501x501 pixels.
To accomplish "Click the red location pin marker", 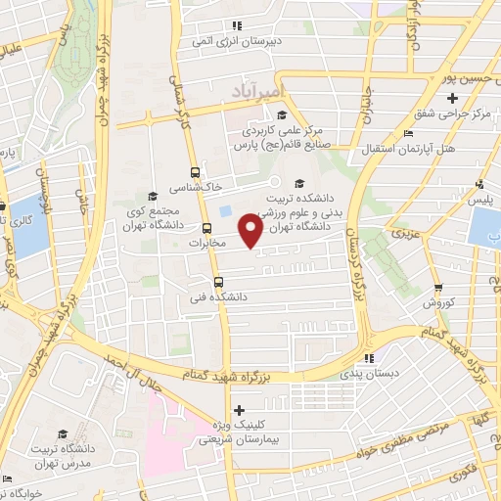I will pyautogui.click(x=250, y=231).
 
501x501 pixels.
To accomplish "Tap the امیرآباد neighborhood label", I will pyautogui.click(x=255, y=91).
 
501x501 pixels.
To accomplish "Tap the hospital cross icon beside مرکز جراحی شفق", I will pyautogui.click(x=451, y=98).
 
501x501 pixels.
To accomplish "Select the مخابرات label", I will pyautogui.click(x=206, y=242).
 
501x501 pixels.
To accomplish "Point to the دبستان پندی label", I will pyautogui.click(x=363, y=373).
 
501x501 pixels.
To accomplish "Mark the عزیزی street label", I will pyautogui.click(x=403, y=234).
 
